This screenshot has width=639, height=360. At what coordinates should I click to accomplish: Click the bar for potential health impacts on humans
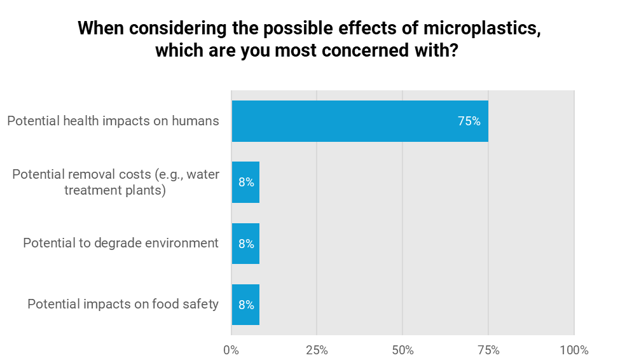coord(359,121)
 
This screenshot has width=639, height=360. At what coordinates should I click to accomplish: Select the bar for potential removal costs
coord(245,183)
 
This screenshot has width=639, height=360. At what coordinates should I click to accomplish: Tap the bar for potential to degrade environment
coord(245,244)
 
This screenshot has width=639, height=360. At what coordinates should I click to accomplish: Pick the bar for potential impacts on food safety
coord(245,305)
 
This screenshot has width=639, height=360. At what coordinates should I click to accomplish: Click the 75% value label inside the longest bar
coord(469,121)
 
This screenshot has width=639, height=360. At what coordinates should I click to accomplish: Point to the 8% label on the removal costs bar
coord(246,183)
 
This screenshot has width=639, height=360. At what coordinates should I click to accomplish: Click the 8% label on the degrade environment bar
coord(246,244)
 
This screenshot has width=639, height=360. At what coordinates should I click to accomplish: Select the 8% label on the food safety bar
coord(246,305)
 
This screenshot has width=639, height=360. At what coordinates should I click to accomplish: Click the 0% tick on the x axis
coord(231,350)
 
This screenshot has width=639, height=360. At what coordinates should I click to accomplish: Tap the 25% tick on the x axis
coord(317,350)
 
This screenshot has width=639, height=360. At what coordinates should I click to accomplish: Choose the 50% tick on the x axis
coord(402,350)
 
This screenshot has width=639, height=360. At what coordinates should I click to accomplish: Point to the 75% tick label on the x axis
coord(488,350)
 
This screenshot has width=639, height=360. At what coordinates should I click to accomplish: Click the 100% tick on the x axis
coord(574,350)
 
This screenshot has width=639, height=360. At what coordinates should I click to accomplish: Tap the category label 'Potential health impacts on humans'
coord(113,121)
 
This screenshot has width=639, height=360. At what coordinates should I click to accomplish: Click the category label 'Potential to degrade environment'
coord(121,244)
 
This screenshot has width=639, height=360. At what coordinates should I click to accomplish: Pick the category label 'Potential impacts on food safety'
coord(123,305)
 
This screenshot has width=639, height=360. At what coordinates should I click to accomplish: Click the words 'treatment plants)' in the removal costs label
coord(115,190)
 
